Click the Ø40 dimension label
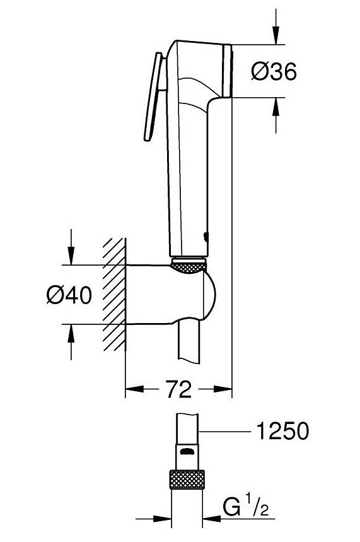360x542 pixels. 69,294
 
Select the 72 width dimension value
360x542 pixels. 180,390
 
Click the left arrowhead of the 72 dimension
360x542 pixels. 134,390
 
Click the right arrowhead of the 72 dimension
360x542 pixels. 226,390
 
